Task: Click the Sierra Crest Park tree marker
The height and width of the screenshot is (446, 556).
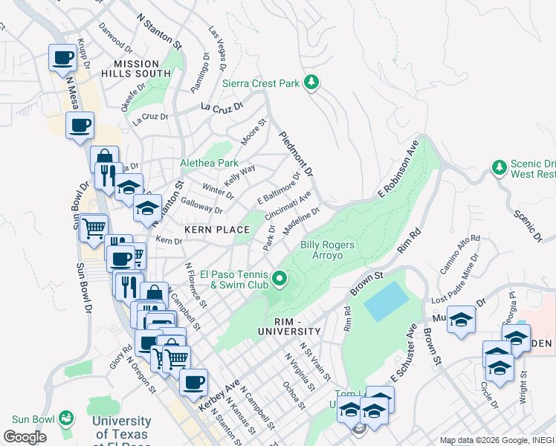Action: pos(313,83)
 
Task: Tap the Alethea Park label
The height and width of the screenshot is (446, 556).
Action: pos(209,163)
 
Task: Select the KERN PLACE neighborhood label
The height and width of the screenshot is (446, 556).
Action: pos(216,230)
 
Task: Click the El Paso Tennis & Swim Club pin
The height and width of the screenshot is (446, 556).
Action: pos(280,279)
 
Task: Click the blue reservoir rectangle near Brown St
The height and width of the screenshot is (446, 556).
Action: pos(386,302)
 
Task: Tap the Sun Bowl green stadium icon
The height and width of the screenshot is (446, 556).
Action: pos(67,418)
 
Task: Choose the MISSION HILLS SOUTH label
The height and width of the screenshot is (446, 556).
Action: pos(143,69)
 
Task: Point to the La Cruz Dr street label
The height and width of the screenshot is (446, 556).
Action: pos(222,107)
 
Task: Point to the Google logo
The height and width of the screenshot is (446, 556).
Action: pos(25,437)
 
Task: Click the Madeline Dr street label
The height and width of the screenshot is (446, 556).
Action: pos(301,219)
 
